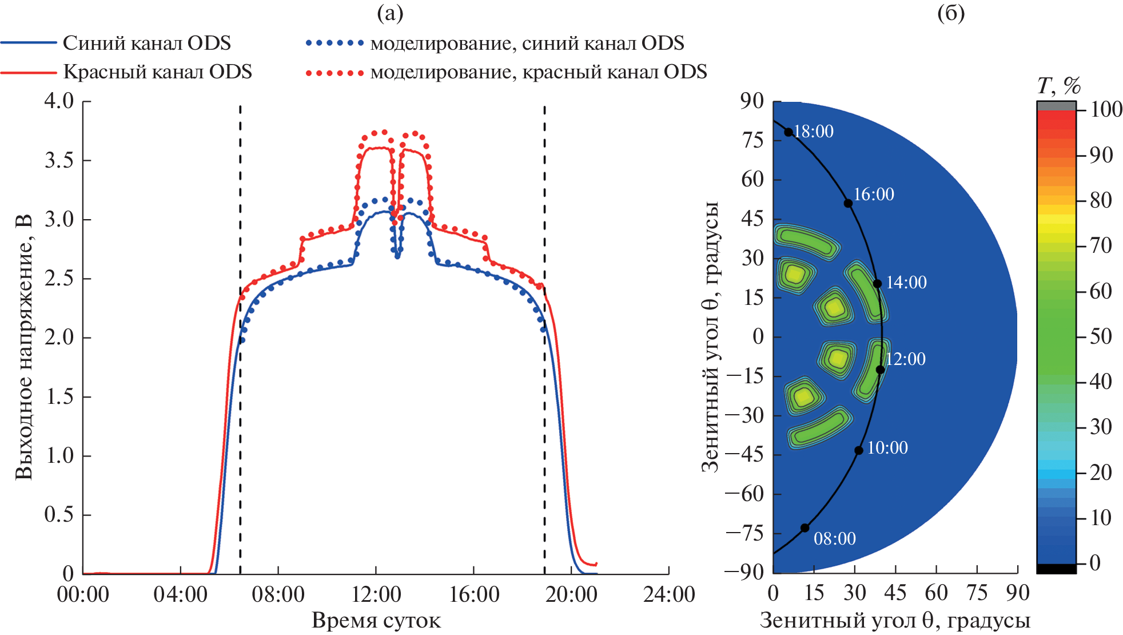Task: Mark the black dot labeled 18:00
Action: (789, 132)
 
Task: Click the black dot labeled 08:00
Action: (805, 527)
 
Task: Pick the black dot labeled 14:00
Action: (877, 284)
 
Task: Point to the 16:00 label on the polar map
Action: (873, 195)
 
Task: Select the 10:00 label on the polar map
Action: (887, 448)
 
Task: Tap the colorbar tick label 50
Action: (1100, 336)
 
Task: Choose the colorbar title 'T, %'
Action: (1058, 86)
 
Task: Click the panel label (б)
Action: (951, 13)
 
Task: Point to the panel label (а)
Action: (390, 13)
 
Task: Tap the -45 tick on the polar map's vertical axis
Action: (744, 454)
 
